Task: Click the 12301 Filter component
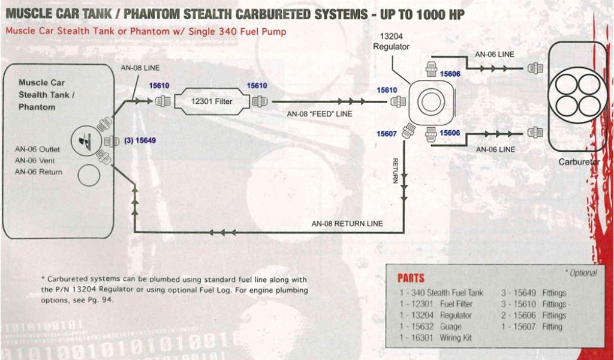(211, 101)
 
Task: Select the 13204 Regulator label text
(391, 41)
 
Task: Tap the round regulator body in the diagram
(430, 101)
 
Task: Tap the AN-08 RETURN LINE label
(347, 224)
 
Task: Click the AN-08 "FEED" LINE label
(319, 113)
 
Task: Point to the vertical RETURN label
(396, 171)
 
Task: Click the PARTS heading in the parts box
(411, 278)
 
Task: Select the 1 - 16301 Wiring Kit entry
(435, 338)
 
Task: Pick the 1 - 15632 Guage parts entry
(430, 327)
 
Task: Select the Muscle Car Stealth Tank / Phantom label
(46, 95)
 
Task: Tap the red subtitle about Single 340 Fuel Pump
(145, 32)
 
